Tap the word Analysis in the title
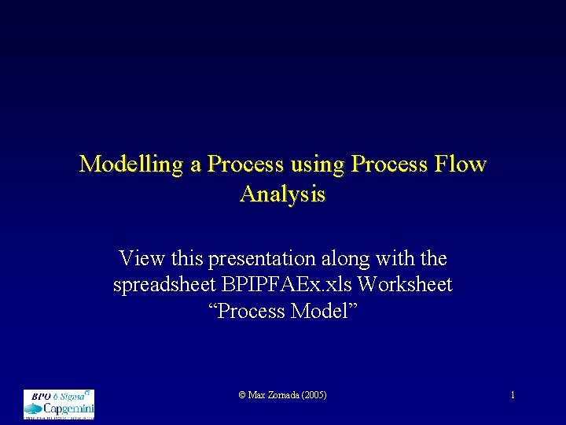point(282,194)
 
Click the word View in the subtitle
point(139,258)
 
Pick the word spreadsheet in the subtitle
point(165,284)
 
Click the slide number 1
point(513,395)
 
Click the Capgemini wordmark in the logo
point(68,408)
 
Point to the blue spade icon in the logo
point(34,408)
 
